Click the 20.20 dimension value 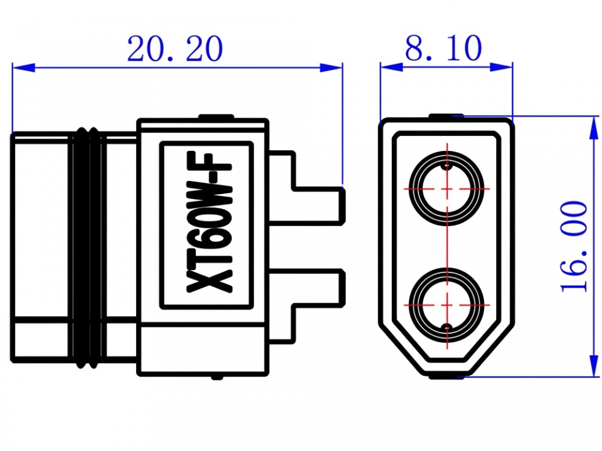(175, 49)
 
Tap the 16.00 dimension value (574, 247)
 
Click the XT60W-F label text (209, 223)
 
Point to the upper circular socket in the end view (446, 189)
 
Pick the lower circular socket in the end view (446, 305)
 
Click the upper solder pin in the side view (307, 188)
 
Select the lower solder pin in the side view (307, 306)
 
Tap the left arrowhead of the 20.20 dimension (24, 68)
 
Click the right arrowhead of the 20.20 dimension (331, 68)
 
